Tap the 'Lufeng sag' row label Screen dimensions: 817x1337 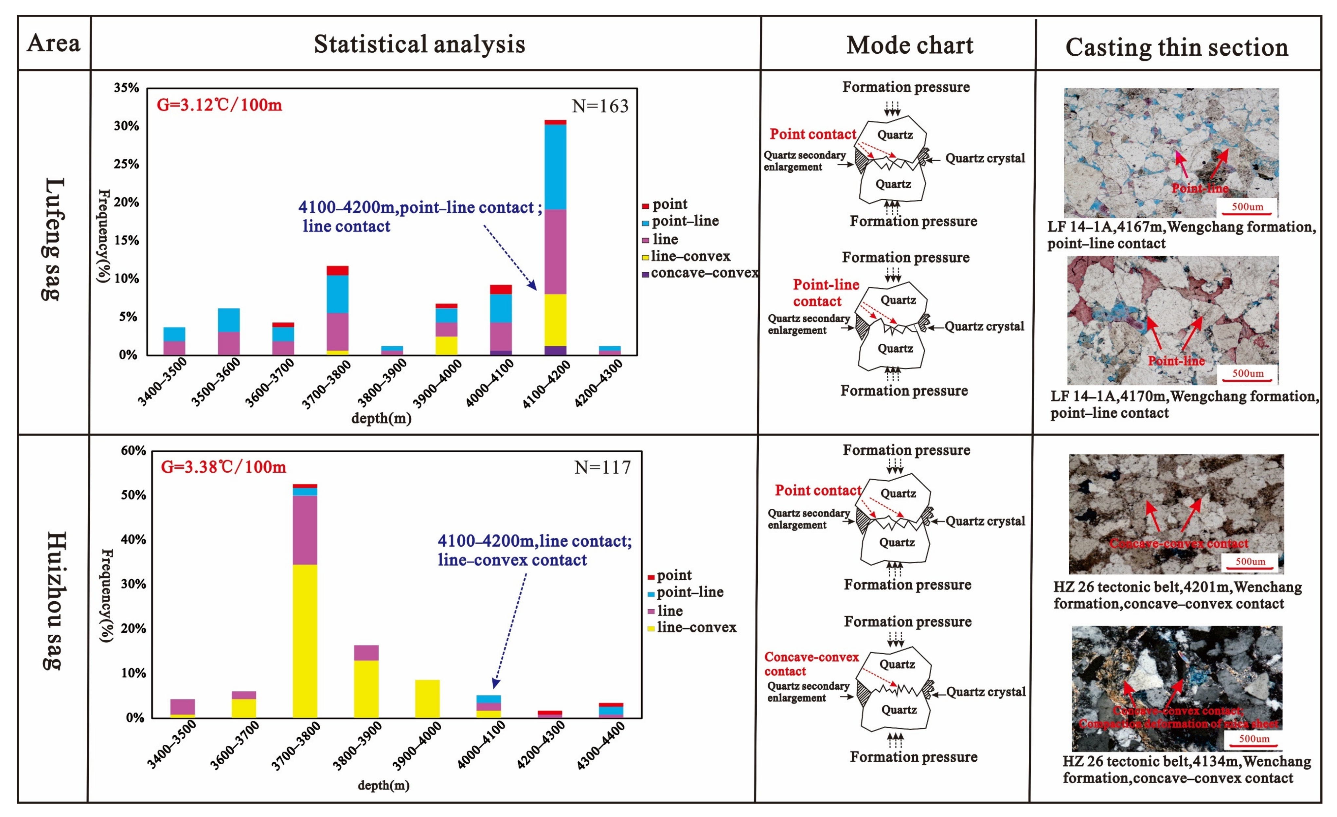click(x=54, y=239)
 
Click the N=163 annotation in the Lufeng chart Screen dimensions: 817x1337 click(x=600, y=106)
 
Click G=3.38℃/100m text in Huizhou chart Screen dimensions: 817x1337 click(x=223, y=467)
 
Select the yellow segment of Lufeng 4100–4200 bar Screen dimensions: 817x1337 click(x=555, y=320)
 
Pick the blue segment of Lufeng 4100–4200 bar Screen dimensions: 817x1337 click(x=555, y=167)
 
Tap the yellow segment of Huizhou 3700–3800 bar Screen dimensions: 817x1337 click(x=305, y=641)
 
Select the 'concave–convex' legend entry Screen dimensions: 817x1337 click(x=704, y=273)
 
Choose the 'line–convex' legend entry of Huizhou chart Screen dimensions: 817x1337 click(x=696, y=627)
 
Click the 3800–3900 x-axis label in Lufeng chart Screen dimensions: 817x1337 click(x=382, y=383)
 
